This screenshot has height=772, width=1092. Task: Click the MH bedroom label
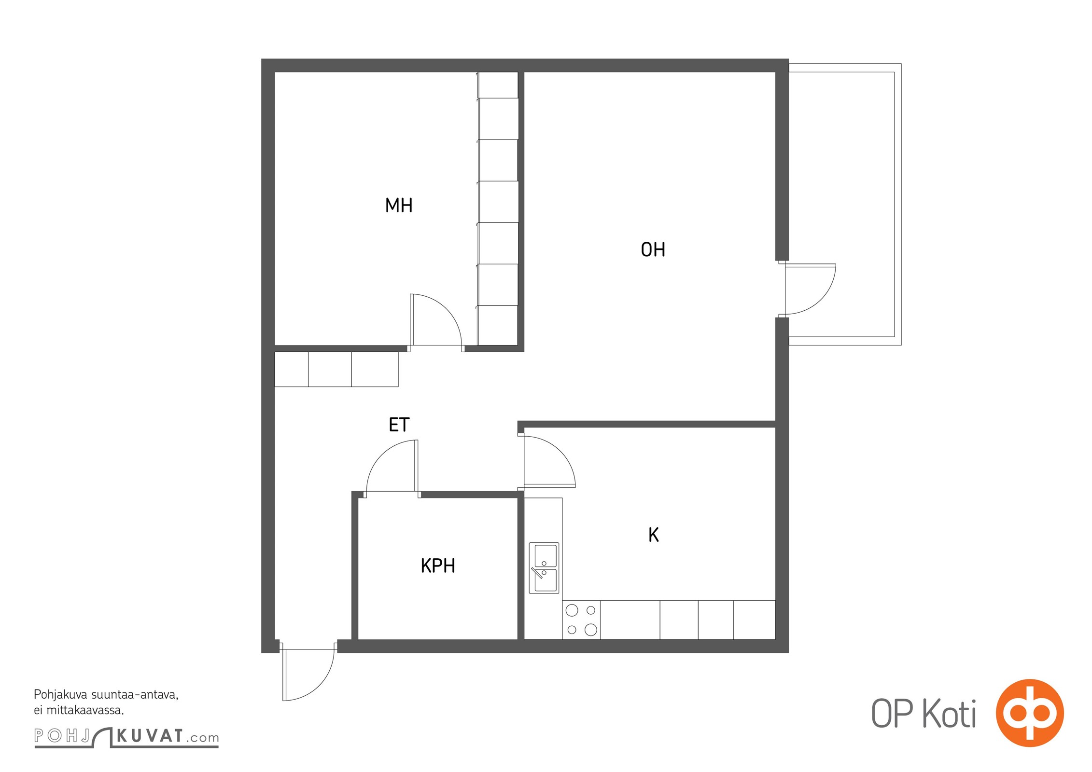399,206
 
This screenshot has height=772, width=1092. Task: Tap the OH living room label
653,249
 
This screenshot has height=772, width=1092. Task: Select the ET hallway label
399,425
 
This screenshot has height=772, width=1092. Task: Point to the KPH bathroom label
438,565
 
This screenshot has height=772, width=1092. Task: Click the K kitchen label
654,535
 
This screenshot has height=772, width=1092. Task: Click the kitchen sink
544,568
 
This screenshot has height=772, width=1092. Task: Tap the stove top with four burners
581,620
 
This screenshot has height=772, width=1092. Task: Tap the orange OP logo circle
1030,713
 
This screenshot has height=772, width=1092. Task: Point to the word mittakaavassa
85,710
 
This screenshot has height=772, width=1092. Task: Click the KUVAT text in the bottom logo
150,736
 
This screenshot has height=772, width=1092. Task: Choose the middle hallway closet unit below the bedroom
330,369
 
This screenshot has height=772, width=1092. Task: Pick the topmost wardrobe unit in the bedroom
498,85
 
